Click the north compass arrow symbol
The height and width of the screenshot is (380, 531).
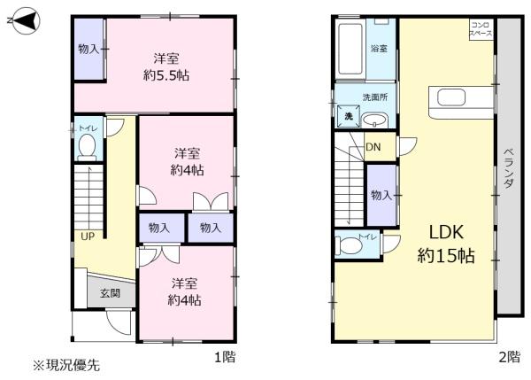coord(23,20)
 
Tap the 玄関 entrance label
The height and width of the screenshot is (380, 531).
coord(110,293)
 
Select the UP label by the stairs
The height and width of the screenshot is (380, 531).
coord(88,237)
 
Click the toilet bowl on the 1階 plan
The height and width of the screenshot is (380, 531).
coord(88,146)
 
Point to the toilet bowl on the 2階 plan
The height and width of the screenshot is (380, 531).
coord(348,245)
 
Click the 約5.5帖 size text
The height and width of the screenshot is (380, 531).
coord(166,75)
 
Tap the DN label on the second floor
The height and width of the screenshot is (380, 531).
coord(373,147)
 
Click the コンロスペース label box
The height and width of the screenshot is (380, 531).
coord(481,29)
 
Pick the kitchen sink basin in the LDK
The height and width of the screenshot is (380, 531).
coord(450,98)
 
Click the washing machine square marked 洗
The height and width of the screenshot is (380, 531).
coord(349,116)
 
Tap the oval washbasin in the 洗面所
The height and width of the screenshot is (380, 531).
coord(375,120)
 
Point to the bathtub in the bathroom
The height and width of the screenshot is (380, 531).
coord(350,49)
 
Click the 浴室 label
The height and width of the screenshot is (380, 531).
coord(379,49)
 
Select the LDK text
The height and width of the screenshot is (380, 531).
coord(446,232)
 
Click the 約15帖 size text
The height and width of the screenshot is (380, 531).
coord(446,256)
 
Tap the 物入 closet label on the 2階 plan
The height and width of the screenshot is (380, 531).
coord(381,195)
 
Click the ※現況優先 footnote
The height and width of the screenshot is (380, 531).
coord(66,366)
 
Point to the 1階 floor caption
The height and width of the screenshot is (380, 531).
coord(225,357)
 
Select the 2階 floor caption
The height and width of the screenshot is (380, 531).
coord(510,357)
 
